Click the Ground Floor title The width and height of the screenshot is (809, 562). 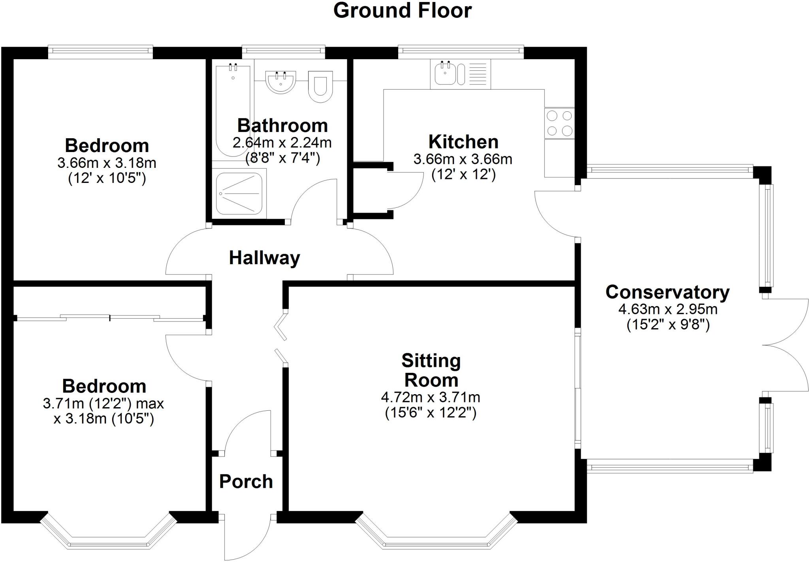tap(402, 11)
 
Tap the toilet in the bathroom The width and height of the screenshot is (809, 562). tap(320, 87)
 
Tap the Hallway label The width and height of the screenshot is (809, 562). tap(264, 258)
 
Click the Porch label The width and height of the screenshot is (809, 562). tap(246, 481)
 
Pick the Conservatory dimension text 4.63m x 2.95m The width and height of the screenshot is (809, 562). tap(668, 309)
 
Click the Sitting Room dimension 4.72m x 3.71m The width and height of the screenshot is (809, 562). tap(431, 397)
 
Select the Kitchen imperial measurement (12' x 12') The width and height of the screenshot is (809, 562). tap(463, 175)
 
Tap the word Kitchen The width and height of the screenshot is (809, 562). tap(463, 142)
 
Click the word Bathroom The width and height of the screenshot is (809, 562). tap(282, 126)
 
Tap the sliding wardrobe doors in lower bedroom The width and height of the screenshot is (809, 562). tap(110, 317)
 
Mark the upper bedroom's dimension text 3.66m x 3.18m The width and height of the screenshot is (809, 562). tap(107, 163)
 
